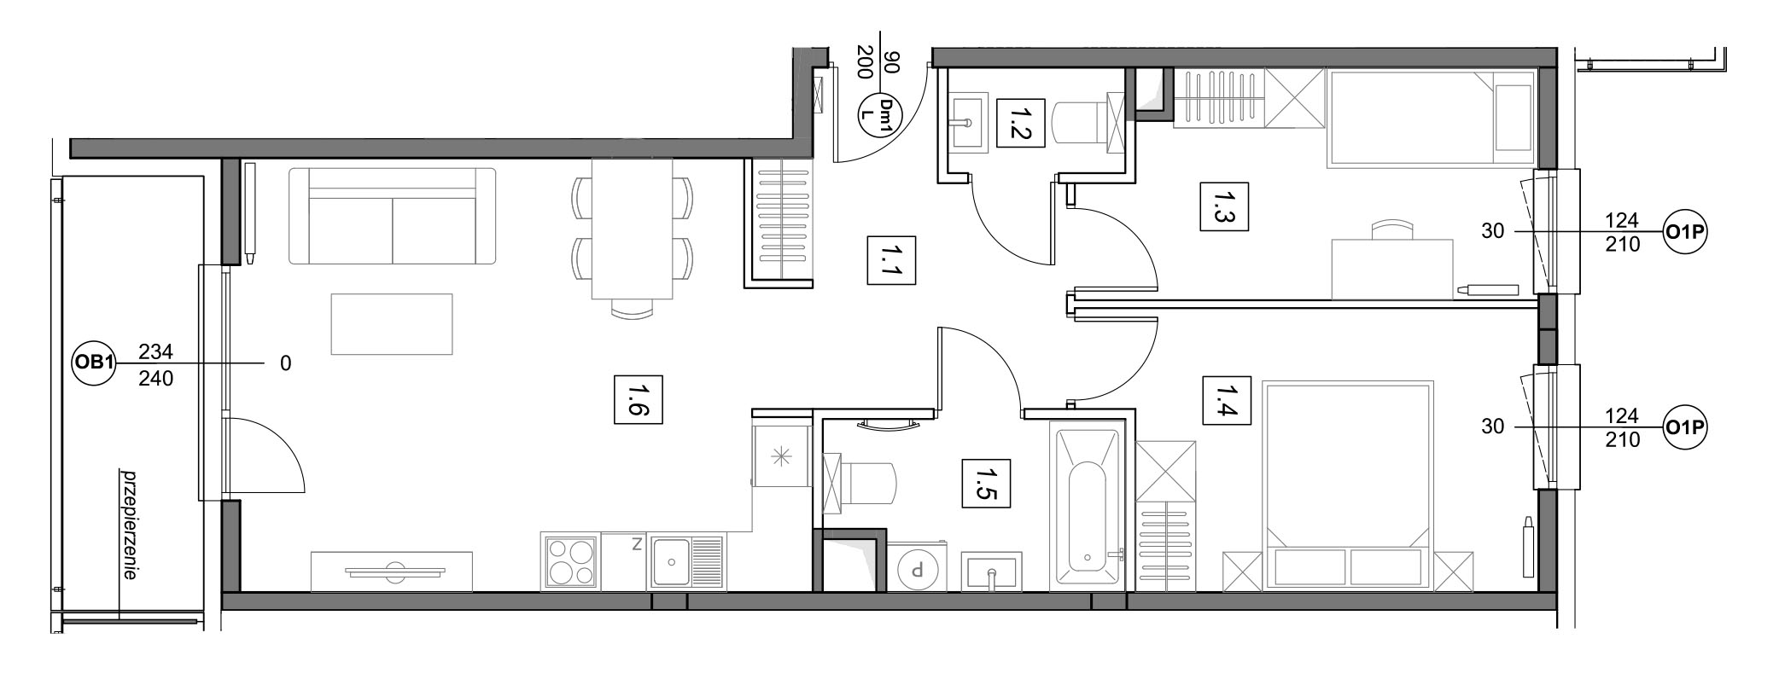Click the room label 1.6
[639, 399]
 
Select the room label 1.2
[1021, 123]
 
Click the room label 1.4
[1227, 400]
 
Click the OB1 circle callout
[93, 363]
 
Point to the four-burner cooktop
[571, 561]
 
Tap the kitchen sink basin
[672, 561]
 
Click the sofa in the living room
[393, 216]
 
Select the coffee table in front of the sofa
[392, 324]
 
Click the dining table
[633, 229]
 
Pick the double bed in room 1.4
[1349, 485]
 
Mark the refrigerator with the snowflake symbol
[781, 456]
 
